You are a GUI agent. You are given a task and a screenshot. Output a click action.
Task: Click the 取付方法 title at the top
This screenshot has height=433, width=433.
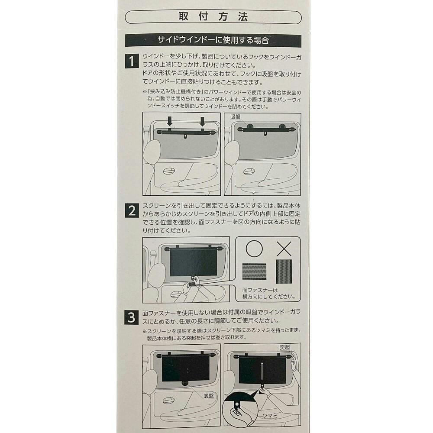(x=213, y=17)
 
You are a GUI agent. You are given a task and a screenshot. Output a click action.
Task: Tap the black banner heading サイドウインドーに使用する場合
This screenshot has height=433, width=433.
(x=213, y=40)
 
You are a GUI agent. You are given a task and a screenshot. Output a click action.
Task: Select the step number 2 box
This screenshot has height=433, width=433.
(x=132, y=211)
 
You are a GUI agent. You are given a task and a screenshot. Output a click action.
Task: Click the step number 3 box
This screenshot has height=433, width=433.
(x=132, y=318)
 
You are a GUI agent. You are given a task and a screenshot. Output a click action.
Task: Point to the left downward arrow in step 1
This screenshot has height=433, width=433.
(x=170, y=121)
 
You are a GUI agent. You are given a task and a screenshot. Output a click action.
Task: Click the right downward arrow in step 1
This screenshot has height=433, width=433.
(x=202, y=121)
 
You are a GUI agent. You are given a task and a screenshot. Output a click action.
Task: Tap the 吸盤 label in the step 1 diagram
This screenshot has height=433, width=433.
(x=235, y=117)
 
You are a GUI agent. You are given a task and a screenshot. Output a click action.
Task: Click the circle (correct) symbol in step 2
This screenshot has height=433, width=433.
(x=254, y=249)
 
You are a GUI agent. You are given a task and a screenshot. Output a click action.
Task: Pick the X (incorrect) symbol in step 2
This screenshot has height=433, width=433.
(x=284, y=249)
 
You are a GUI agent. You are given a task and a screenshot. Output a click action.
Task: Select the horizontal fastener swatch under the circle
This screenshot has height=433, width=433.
(x=254, y=271)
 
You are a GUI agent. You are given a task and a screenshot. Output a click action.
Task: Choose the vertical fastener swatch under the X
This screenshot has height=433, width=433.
(x=284, y=271)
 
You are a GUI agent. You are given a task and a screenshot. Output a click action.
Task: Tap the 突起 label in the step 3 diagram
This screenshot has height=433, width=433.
(x=284, y=347)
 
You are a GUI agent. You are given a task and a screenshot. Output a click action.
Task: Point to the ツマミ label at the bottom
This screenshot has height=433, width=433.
(x=270, y=415)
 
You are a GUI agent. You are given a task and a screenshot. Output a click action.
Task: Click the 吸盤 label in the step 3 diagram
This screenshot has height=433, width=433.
(x=209, y=396)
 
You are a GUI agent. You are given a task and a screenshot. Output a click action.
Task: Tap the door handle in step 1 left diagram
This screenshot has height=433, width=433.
(x=169, y=171)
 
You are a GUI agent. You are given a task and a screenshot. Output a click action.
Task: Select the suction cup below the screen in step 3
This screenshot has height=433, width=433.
(x=184, y=383)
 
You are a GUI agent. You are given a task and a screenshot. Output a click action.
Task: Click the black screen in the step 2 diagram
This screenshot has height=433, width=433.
(x=193, y=262)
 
